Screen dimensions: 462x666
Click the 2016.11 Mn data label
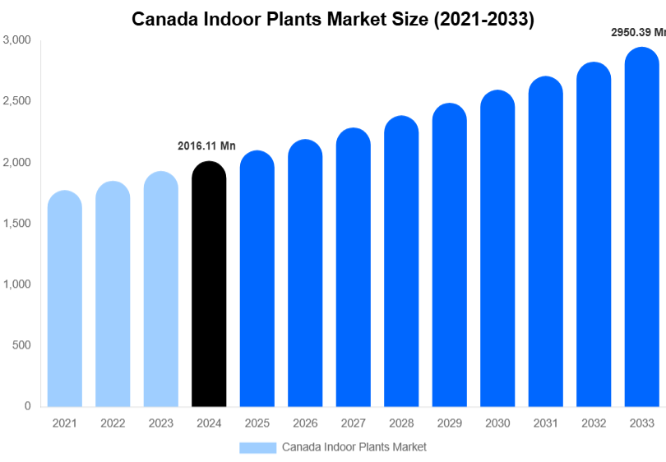(206, 146)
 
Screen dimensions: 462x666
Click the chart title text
(333, 20)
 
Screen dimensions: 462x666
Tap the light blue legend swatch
(257, 447)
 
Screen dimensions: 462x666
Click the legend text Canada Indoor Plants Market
(354, 447)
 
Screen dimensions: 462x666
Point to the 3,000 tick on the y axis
(17, 39)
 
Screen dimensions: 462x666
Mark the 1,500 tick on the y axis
(17, 223)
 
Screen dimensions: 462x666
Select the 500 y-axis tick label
(22, 345)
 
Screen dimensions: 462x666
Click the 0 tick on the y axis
(27, 406)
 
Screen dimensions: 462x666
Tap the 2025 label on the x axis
(257, 423)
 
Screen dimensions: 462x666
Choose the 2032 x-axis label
(594, 423)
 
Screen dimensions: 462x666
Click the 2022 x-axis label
(113, 423)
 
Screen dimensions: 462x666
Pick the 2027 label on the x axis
(353, 423)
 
